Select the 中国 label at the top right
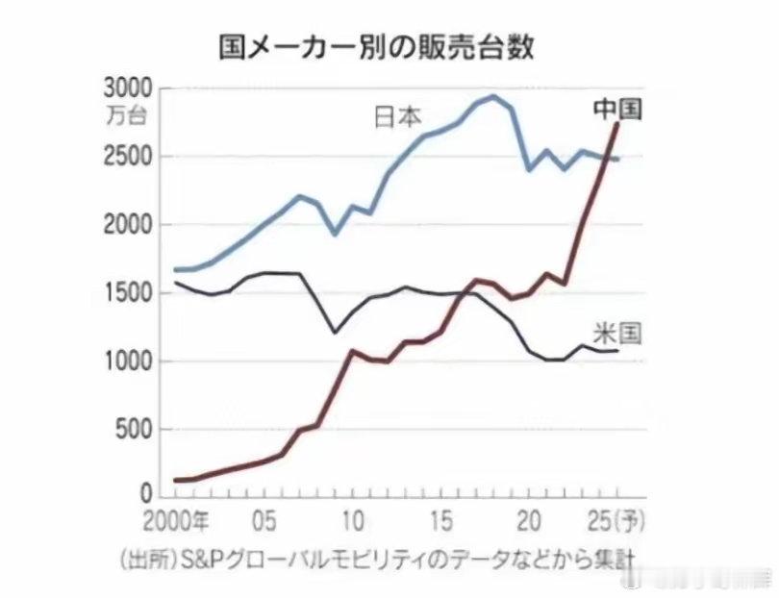[x=617, y=109]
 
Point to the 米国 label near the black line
[x=616, y=334]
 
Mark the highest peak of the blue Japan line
[x=493, y=96]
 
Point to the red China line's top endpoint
[x=616, y=124]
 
